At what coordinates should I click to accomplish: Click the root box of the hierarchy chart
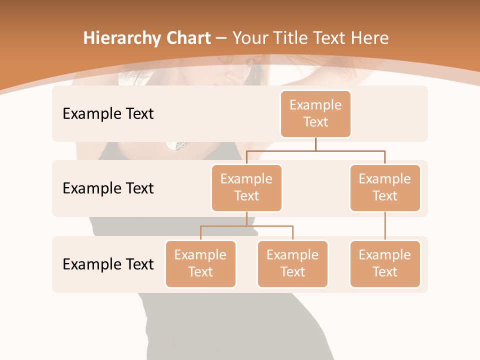(x=315, y=113)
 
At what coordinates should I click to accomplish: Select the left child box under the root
(x=246, y=187)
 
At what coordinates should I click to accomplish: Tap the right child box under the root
(x=385, y=187)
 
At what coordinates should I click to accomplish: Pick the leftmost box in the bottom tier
(x=200, y=263)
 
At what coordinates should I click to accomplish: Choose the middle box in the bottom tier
(x=292, y=263)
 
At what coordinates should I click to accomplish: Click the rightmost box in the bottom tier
(x=385, y=263)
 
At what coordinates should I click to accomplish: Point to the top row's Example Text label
(x=108, y=114)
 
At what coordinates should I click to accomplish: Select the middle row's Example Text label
(x=108, y=188)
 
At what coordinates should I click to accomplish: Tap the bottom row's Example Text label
(x=108, y=264)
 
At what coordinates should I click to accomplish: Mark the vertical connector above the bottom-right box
(x=385, y=226)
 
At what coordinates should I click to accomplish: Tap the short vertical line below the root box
(x=315, y=144)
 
